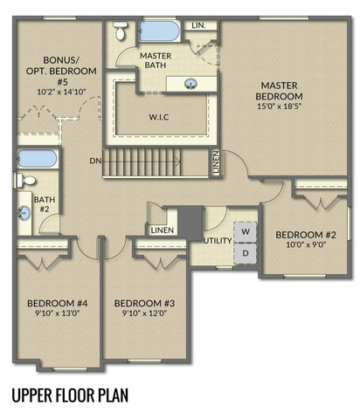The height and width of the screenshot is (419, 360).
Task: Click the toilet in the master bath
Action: (x=120, y=31)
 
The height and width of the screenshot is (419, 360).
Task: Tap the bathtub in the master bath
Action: (x=159, y=31)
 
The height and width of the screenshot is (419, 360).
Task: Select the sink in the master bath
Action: (x=191, y=84)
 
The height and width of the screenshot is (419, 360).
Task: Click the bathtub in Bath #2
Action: (x=37, y=158)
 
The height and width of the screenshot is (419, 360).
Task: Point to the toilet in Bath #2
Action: (x=25, y=181)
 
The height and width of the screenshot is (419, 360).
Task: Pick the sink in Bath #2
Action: (x=24, y=213)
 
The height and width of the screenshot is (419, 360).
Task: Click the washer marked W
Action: (x=246, y=232)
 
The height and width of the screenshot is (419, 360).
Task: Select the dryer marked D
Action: (x=246, y=253)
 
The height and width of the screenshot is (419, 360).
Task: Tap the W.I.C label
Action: (x=159, y=117)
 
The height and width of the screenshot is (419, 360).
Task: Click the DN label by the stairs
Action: (x=95, y=161)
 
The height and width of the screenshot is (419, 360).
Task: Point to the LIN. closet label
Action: (x=199, y=25)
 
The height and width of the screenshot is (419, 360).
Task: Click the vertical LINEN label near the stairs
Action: (x=216, y=162)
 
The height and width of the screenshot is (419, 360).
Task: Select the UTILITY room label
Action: (x=218, y=241)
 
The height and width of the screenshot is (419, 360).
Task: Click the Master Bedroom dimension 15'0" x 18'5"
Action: (x=279, y=106)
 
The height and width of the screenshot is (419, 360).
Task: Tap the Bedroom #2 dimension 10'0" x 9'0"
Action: (x=306, y=244)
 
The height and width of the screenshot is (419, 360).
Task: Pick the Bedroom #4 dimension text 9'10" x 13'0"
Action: (x=57, y=313)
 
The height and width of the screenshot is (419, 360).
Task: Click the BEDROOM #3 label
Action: (x=144, y=304)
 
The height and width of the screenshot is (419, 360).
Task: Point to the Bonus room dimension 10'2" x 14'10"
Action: (x=61, y=92)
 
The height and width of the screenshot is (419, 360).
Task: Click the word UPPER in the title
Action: (x=32, y=395)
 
